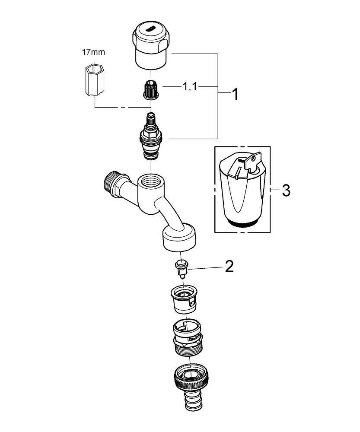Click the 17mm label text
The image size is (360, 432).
click(93, 52)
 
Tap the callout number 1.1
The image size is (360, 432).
click(189, 87)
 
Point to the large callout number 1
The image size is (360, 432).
click(235, 94)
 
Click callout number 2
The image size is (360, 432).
click(229, 267)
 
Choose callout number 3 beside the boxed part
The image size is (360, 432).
click(286, 190)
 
